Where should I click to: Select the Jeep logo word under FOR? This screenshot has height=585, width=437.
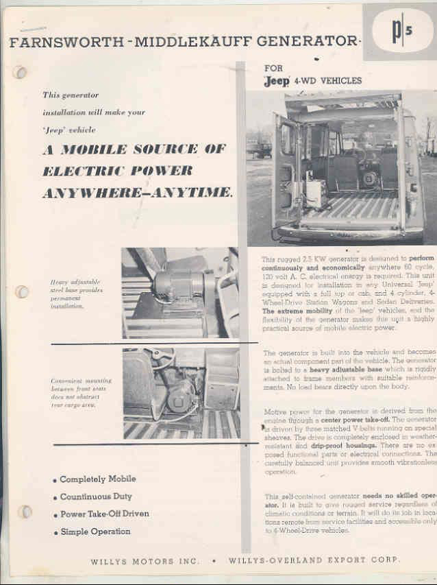click(277, 81)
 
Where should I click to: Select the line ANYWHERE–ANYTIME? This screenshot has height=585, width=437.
click(137, 193)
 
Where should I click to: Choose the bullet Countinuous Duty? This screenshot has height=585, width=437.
click(95, 497)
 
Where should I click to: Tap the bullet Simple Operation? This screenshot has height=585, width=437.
click(95, 532)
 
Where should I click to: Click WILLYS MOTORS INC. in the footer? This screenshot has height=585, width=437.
click(145, 562)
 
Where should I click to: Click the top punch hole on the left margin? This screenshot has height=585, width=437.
click(21, 71)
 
